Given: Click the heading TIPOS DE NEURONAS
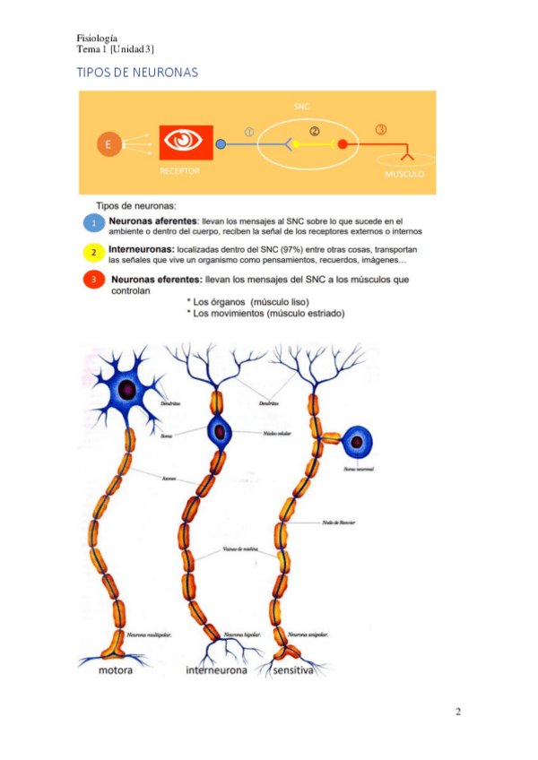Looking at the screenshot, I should coord(137,72).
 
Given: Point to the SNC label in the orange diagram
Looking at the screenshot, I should coord(302,106).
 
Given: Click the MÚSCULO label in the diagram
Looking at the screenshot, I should coord(404,174).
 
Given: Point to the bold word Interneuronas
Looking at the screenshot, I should coord(141,247).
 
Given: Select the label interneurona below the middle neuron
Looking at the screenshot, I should coord(218,670).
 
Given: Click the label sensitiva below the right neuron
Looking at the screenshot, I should coord(292,670).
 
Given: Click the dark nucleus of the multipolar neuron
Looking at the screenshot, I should coord(129,390).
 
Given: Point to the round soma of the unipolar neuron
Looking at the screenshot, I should coord(358,442).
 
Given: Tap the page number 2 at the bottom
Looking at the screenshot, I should coord(458,712).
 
